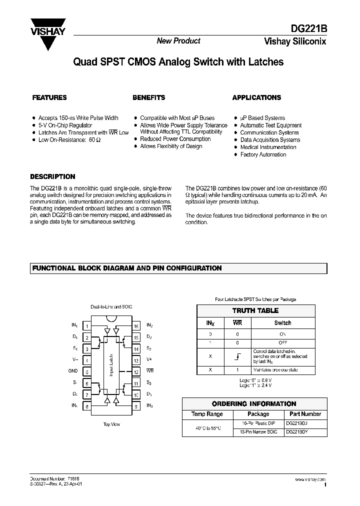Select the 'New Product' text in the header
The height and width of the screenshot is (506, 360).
(x=178, y=41)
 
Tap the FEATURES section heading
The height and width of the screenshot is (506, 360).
(x=49, y=97)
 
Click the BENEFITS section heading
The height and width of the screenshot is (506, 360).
(x=148, y=97)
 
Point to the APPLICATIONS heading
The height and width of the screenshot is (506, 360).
(x=256, y=97)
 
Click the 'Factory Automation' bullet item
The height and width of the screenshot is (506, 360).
(x=263, y=154)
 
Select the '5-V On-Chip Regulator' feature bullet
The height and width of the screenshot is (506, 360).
(x=65, y=125)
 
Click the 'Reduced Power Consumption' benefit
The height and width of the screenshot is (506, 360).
(x=175, y=139)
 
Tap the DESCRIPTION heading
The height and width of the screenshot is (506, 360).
(x=52, y=176)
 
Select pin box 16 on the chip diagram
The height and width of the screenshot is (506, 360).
(x=136, y=326)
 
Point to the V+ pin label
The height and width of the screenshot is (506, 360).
(x=149, y=360)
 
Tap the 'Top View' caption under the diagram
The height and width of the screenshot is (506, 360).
(x=111, y=424)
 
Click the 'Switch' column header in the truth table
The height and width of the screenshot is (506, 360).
(x=282, y=322)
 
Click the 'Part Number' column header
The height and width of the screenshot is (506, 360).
(x=305, y=414)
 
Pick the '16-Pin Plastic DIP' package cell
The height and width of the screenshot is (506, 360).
(x=258, y=423)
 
